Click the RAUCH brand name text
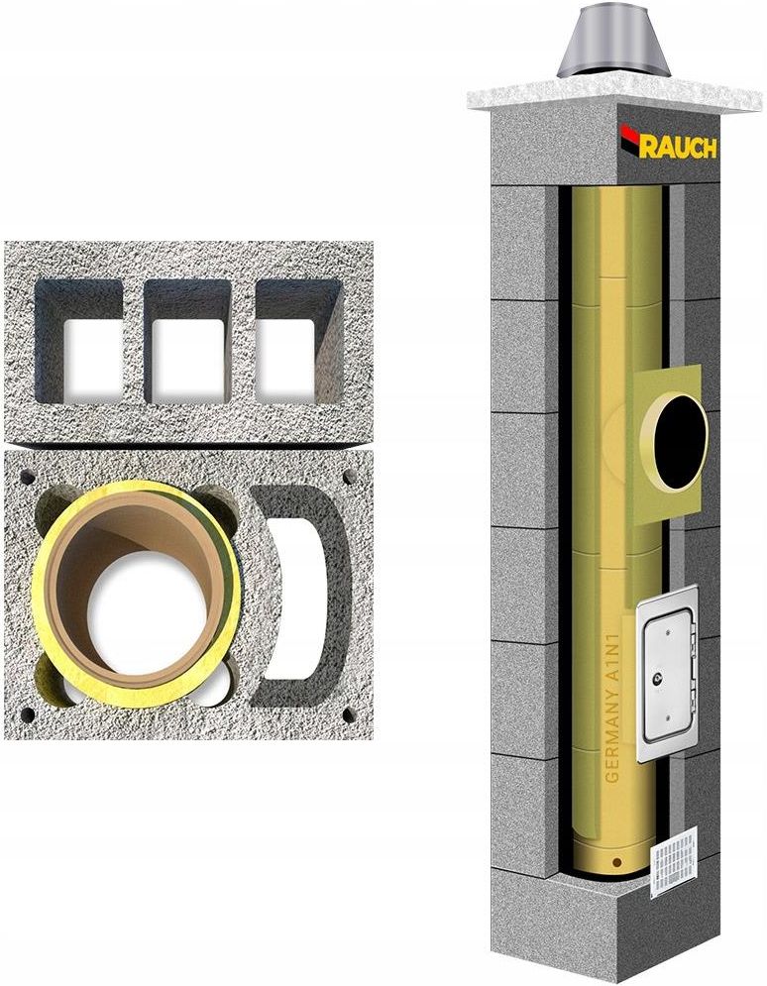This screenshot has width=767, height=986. pyautogui.click(x=679, y=147)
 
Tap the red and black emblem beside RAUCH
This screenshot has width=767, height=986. pyautogui.click(x=629, y=139)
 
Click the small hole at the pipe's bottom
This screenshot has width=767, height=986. pyautogui.click(x=616, y=861)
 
